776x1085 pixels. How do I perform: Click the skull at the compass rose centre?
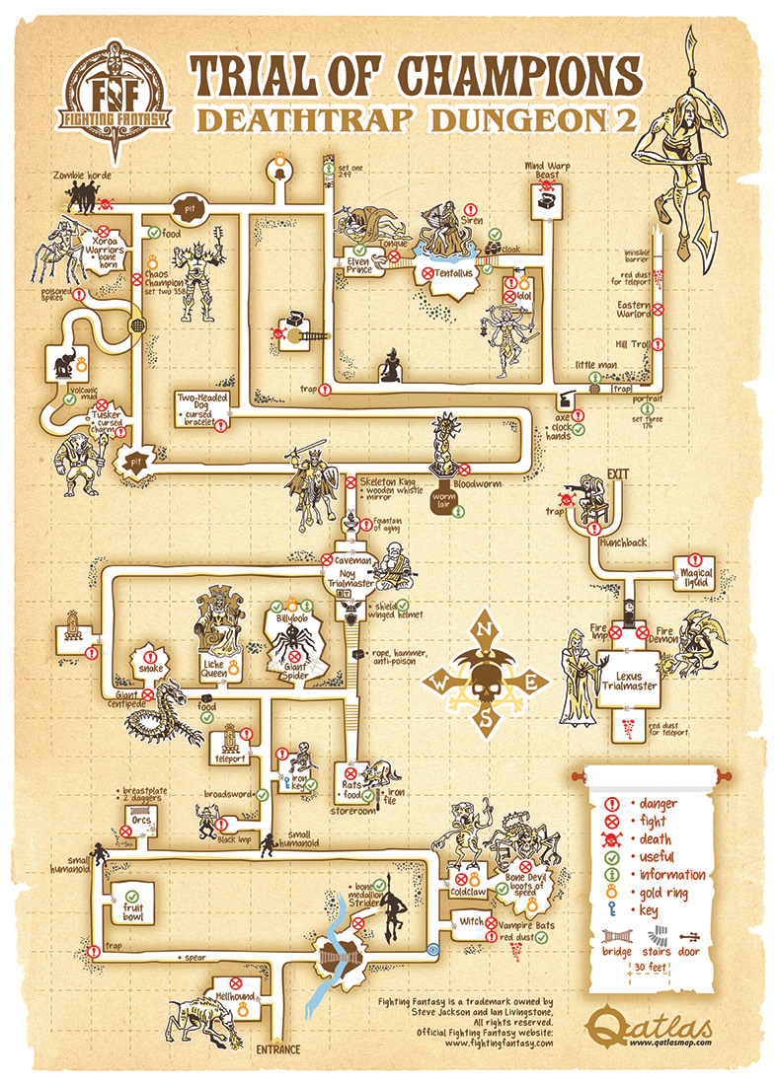click(x=485, y=682)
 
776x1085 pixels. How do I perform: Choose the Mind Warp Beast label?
click(x=547, y=170)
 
